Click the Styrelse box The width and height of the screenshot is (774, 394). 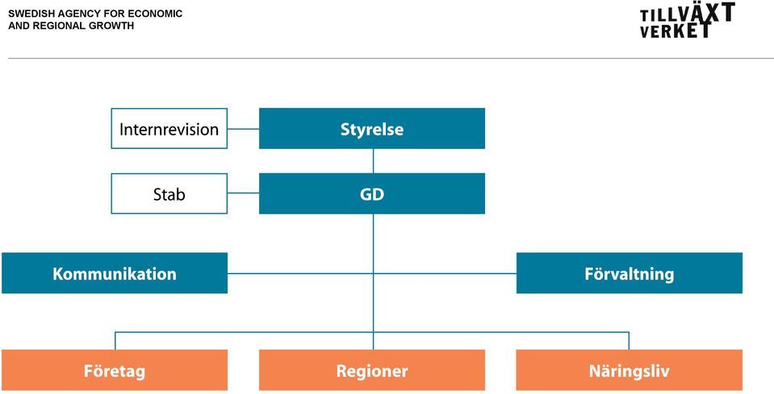pyautogui.click(x=372, y=129)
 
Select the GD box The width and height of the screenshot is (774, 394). pyautogui.click(x=372, y=193)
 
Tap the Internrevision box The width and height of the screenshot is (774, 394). pyautogui.click(x=169, y=129)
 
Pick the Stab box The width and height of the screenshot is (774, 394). pyautogui.click(x=169, y=193)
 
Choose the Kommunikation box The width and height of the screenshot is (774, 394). pyautogui.click(x=115, y=273)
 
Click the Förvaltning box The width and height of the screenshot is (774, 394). pyautogui.click(x=630, y=273)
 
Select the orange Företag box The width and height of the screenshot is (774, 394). pyautogui.click(x=115, y=370)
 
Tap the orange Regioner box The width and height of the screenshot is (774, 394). pyautogui.click(x=372, y=370)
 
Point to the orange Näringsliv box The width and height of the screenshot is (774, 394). pyautogui.click(x=630, y=370)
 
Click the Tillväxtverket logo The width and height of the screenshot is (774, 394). pyautogui.click(x=688, y=20)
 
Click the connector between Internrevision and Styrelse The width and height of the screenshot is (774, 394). pyautogui.click(x=244, y=129)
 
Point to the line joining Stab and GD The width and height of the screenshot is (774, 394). pyautogui.click(x=244, y=193)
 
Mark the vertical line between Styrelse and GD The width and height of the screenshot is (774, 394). pyautogui.click(x=373, y=161)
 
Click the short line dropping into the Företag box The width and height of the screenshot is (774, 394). pyautogui.click(x=115, y=341)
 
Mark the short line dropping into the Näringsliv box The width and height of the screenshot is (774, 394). pyautogui.click(x=629, y=341)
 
